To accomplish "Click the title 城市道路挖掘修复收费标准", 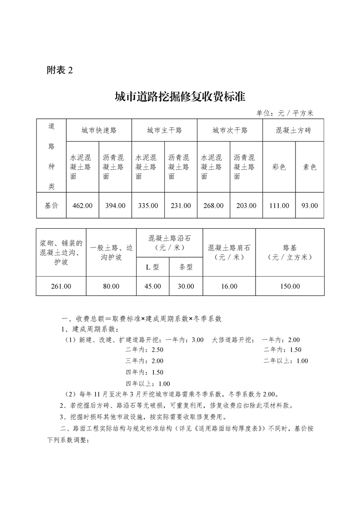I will [x=180, y=96].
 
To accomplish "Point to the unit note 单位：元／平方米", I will [x=285, y=113].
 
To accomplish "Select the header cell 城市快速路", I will [x=99, y=130].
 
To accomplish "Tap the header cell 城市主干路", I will [x=164, y=130].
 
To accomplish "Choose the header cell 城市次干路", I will [x=230, y=130].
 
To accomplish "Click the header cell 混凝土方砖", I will [x=293, y=130].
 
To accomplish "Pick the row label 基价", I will [x=51, y=206].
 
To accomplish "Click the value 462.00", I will [x=83, y=206].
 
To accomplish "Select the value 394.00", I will [x=115, y=206].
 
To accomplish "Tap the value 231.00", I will [x=181, y=206].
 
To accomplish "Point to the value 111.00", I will [x=279, y=206].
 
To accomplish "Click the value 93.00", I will [x=310, y=206].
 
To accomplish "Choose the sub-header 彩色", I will [x=279, y=167].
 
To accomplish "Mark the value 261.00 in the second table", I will [x=61, y=286].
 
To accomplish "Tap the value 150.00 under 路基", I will [x=290, y=286].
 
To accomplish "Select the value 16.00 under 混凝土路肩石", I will [x=229, y=286].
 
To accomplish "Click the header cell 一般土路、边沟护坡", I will [x=111, y=252].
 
